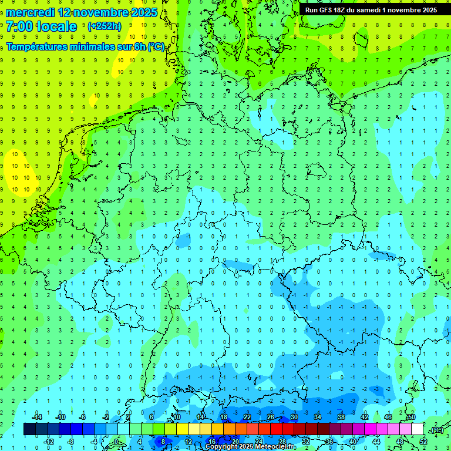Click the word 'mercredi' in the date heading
(30, 12)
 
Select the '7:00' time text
(20, 26)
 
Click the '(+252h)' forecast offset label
(105, 26)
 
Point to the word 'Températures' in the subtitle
(39, 47)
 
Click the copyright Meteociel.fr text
(250, 447)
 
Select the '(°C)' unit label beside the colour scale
(436, 430)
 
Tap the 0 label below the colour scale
(116, 442)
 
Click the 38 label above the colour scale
(341, 417)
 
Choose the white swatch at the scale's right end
(418, 429)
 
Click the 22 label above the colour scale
(247, 417)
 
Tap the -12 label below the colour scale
(49, 442)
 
